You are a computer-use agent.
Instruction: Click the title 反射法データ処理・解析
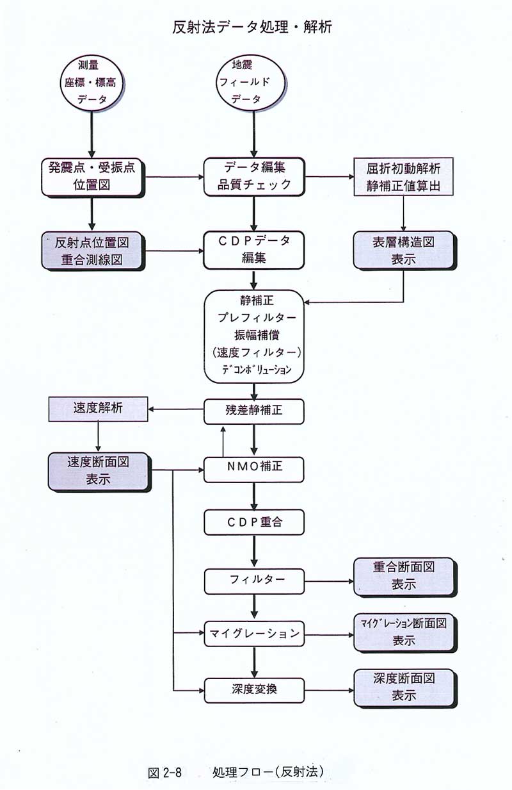252,27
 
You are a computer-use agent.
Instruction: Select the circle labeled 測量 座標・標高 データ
92,83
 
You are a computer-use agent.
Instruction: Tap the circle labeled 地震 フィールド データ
250,83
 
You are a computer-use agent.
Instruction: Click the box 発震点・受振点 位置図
93,177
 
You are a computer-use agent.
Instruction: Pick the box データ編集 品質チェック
254,177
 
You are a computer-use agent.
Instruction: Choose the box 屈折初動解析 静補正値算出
403,177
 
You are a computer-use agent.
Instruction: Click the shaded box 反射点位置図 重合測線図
93,251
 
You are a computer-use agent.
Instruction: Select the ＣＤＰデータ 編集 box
253,250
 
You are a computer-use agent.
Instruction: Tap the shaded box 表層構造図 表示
404,251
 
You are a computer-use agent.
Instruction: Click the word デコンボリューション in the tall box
257,369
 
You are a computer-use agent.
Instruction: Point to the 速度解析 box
98,409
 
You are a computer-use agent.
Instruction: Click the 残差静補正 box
253,411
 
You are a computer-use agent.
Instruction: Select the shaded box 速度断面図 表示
99,472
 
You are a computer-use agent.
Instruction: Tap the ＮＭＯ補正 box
253,470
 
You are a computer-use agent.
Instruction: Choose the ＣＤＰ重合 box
254,522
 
